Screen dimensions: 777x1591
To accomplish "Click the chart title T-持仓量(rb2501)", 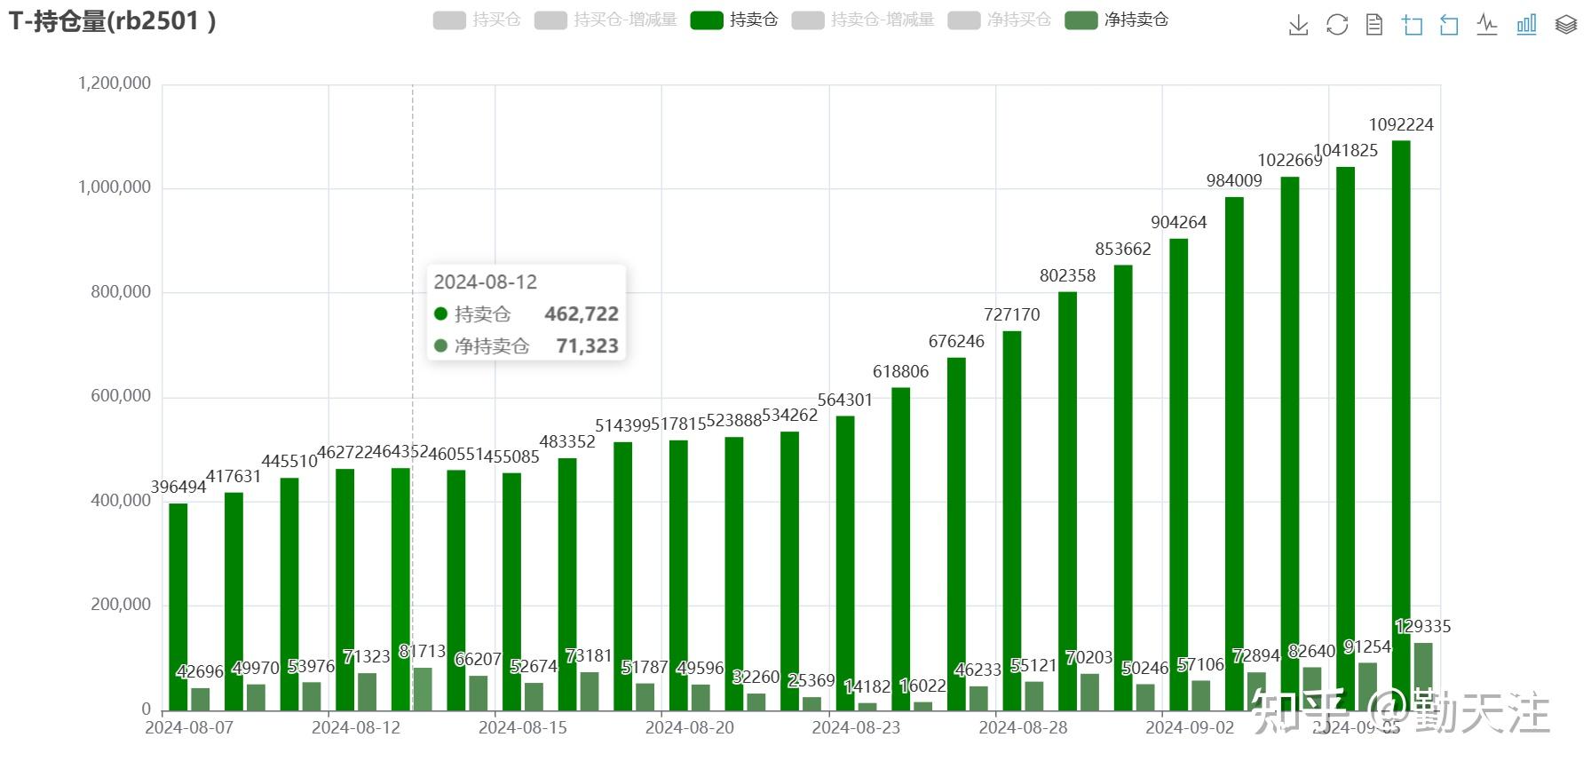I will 112,20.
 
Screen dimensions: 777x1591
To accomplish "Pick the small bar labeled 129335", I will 1423,676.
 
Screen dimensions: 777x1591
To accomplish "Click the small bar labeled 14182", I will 867,706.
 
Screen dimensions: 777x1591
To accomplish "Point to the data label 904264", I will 1178,222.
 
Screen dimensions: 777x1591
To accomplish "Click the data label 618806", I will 900,371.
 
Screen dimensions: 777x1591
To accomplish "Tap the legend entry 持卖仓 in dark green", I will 734,20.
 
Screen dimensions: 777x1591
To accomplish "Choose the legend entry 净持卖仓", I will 1117,20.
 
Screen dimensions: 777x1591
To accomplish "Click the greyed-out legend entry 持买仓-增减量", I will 606,20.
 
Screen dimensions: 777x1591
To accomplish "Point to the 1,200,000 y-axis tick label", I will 115,83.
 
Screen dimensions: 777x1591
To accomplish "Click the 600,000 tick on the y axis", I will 121,396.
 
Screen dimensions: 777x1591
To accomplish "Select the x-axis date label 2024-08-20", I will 690,727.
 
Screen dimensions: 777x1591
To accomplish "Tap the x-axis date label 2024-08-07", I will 189,727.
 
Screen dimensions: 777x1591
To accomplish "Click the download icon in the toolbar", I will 1298,25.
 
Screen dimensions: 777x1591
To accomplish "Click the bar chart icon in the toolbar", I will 1526,25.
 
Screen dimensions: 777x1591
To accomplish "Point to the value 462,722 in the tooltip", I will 582,314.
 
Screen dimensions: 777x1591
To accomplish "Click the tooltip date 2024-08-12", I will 486,282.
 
